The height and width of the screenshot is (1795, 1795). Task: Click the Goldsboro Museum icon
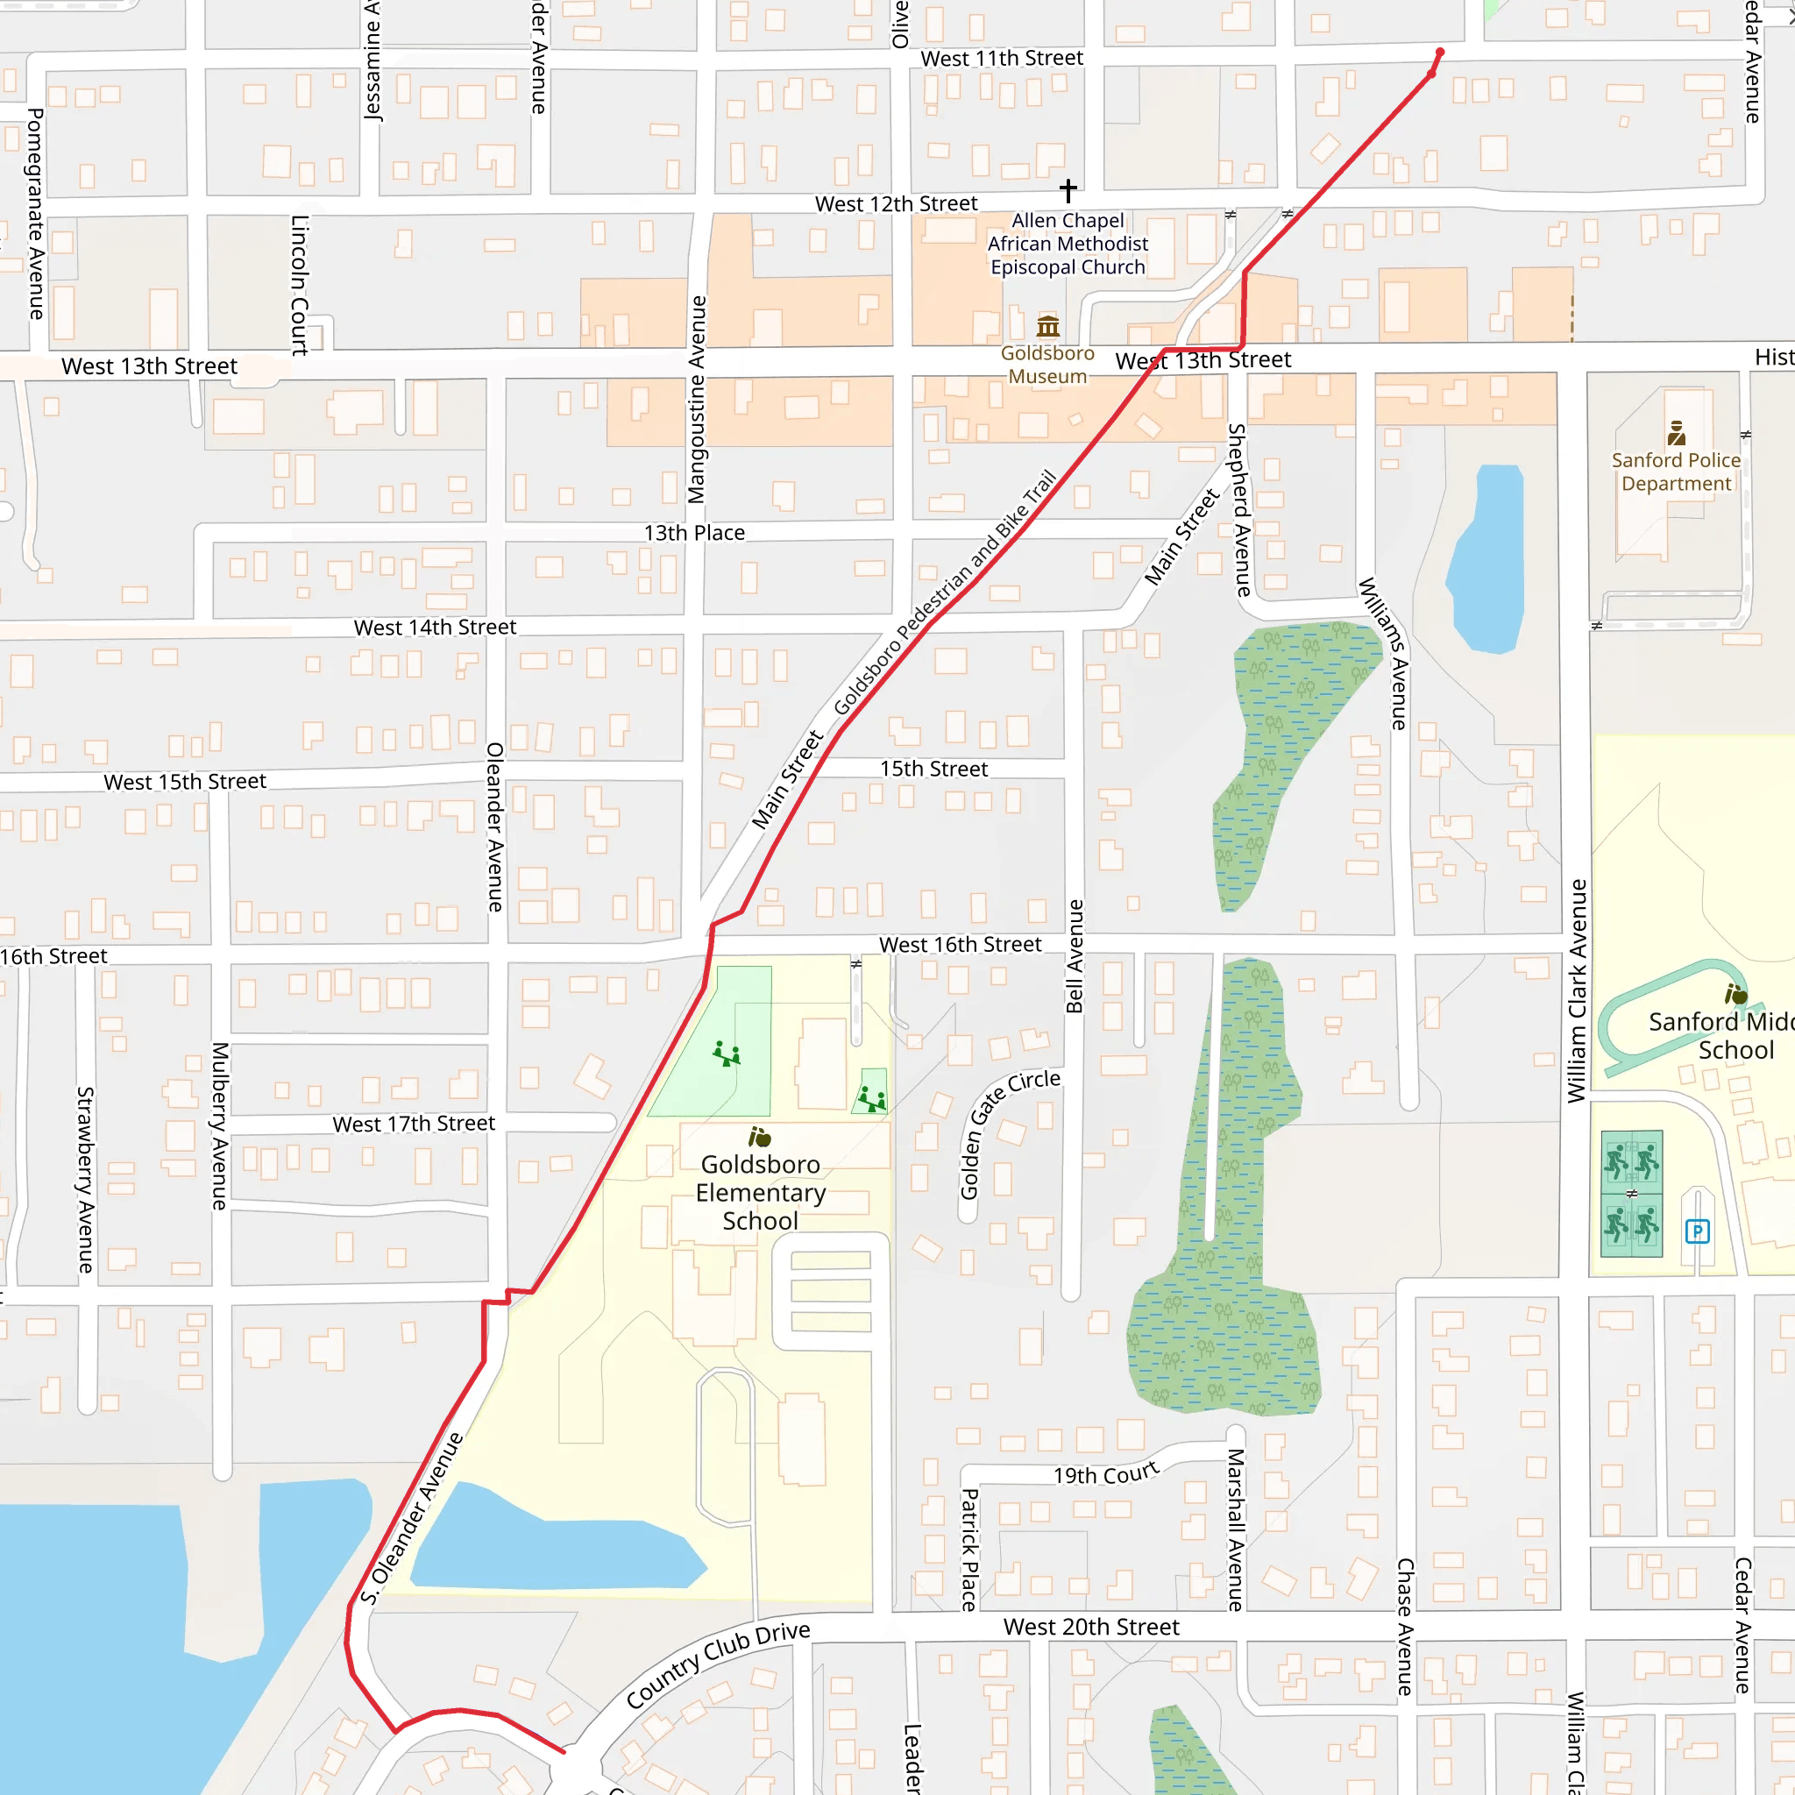coord(1048,326)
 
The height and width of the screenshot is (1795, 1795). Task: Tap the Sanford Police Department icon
coord(1676,433)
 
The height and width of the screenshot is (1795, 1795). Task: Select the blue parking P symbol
coord(1698,1232)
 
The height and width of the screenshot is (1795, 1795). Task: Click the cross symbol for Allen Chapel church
coord(1068,190)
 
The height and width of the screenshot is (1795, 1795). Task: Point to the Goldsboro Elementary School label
coord(760,1192)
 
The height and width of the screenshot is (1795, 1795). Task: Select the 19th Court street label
coord(1105,1474)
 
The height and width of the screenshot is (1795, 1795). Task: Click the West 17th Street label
coord(414,1125)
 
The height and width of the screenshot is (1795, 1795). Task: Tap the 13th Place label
coord(694,533)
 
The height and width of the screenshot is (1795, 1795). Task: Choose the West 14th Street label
coord(435,628)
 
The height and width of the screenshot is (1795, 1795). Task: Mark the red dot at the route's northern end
coord(1440,52)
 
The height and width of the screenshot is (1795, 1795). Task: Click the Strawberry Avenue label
coord(86,1180)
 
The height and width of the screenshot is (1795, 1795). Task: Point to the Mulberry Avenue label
coord(219,1126)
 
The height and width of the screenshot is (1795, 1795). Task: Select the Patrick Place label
coord(968,1550)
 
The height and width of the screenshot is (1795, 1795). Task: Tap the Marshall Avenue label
coord(1236,1529)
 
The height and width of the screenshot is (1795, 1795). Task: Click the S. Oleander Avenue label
coord(413,1518)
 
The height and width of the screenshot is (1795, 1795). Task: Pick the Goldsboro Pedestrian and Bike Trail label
coord(945,592)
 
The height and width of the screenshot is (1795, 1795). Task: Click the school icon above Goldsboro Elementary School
coord(759,1137)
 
